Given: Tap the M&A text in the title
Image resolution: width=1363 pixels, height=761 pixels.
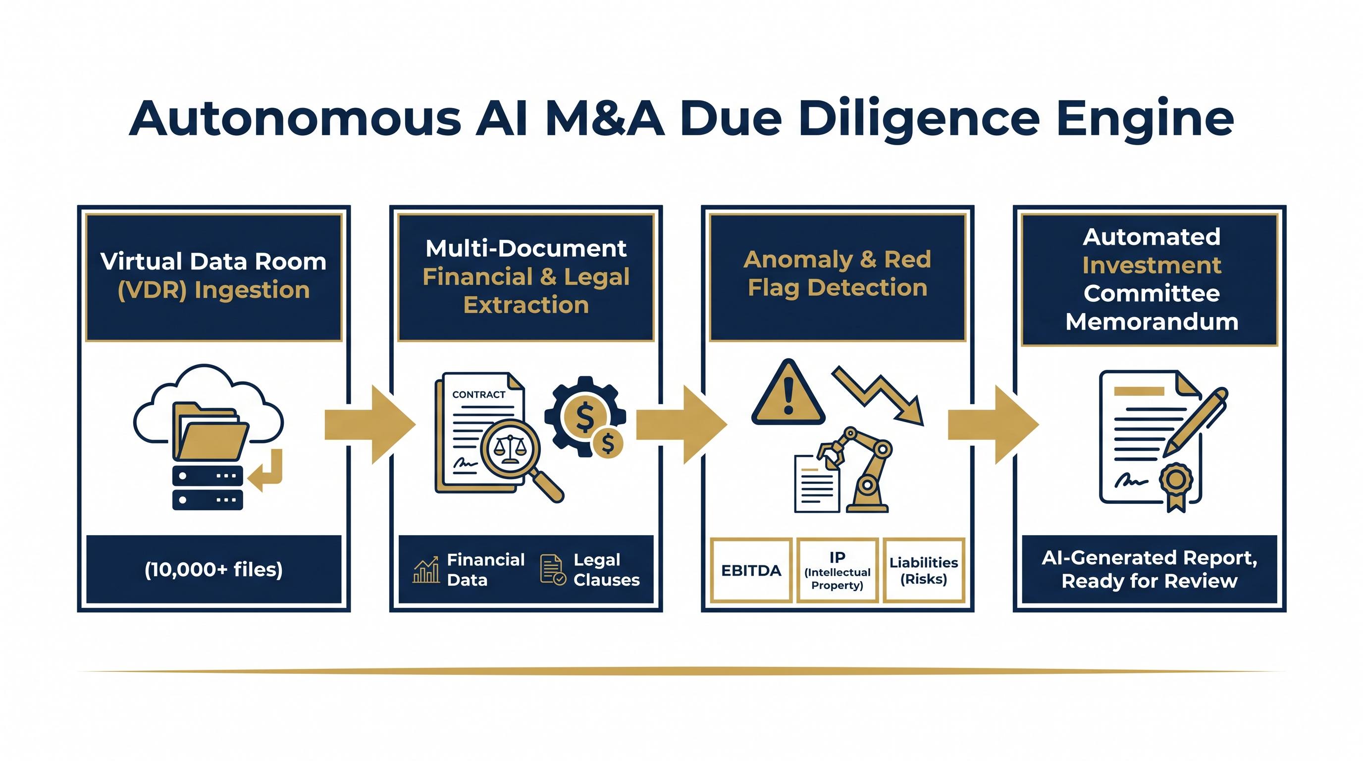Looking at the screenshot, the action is pyautogui.click(x=605, y=117).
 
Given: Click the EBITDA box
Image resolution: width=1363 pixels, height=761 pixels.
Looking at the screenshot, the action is pyautogui.click(x=751, y=570).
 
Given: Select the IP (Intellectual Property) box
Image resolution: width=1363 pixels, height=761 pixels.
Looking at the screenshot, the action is pyautogui.click(x=838, y=570).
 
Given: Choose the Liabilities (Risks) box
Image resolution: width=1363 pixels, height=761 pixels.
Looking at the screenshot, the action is pyautogui.click(x=924, y=570).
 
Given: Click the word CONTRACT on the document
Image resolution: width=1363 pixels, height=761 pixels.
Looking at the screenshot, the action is pyautogui.click(x=478, y=395).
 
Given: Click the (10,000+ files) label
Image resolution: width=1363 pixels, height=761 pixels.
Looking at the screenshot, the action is pyautogui.click(x=214, y=569).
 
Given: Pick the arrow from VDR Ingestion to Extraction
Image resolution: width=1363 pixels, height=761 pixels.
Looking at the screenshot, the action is pyautogui.click(x=370, y=425).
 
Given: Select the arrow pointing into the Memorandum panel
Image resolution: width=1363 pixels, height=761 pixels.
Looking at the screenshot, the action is pyautogui.click(x=994, y=425).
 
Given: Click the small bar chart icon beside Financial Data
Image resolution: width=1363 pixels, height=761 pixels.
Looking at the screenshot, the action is pyautogui.click(x=426, y=569).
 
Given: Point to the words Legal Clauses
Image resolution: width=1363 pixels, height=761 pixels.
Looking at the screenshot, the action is pyautogui.click(x=606, y=569).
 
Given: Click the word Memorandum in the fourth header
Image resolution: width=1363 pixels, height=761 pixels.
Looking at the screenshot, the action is pyautogui.click(x=1152, y=322).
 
